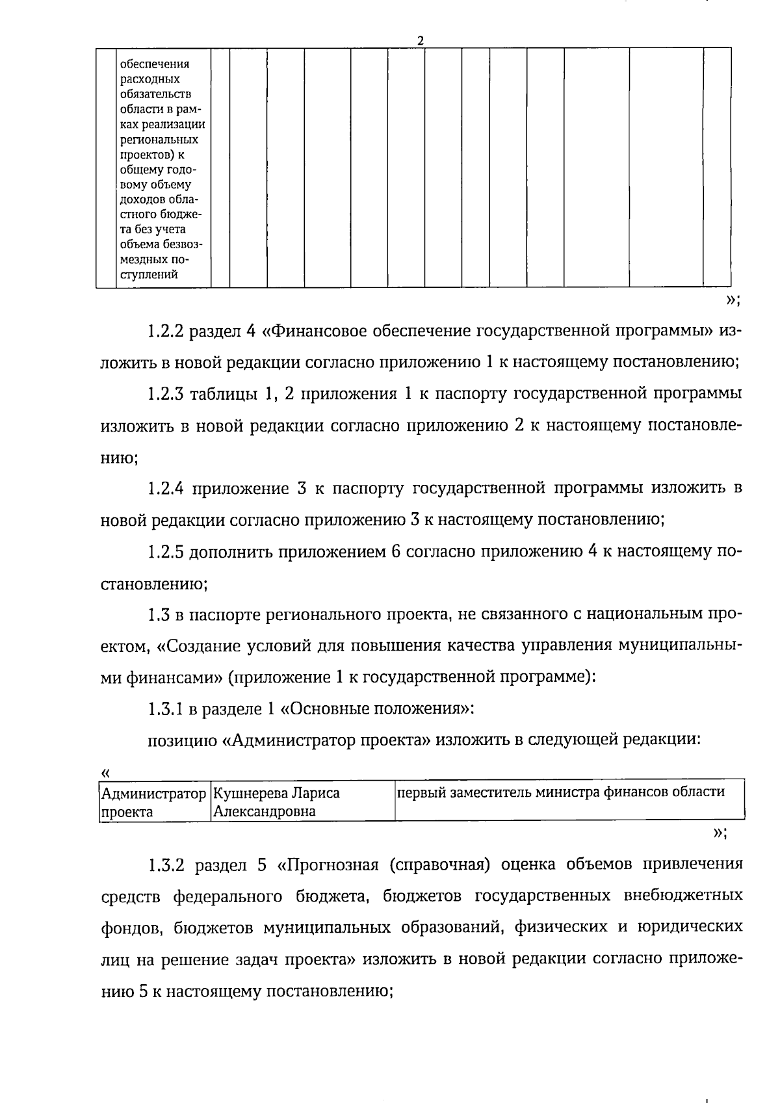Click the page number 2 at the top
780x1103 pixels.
pos(421,40)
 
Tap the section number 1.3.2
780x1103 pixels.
pos(168,866)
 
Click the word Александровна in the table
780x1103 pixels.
pos(265,811)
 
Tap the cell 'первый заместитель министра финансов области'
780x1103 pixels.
pos(560,792)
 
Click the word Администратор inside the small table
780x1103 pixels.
pos(153,794)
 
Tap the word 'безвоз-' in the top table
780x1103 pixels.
pos(183,244)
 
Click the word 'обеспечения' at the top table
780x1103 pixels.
pos(155,64)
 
